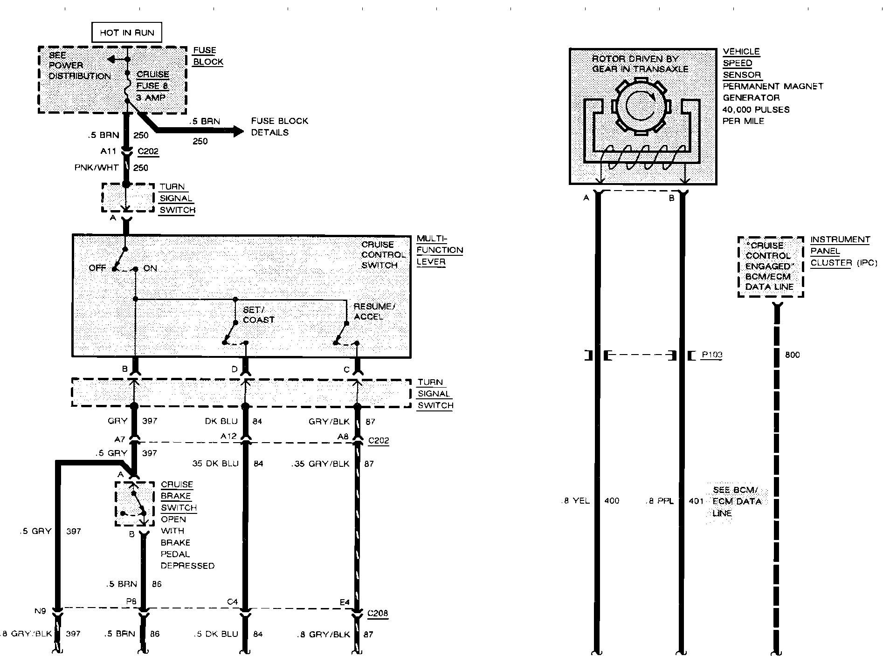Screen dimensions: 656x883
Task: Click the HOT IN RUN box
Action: (x=127, y=33)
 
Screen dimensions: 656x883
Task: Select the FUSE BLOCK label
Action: (x=208, y=56)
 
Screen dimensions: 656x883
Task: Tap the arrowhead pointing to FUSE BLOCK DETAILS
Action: (x=238, y=131)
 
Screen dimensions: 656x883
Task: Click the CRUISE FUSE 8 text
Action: (x=152, y=80)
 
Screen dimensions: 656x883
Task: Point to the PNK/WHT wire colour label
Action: (x=97, y=168)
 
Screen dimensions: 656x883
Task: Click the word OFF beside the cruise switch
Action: (x=97, y=268)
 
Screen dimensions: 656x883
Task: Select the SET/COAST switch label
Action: (x=259, y=315)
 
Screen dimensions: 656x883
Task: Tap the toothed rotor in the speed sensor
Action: (x=641, y=107)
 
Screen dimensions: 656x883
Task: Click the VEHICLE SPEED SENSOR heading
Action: (x=741, y=63)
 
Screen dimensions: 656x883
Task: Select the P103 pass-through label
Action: (x=712, y=355)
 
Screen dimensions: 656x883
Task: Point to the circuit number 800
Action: (x=792, y=355)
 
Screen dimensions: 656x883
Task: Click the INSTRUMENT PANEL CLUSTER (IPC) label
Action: (x=843, y=251)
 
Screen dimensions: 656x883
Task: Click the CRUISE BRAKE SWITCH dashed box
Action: (x=135, y=504)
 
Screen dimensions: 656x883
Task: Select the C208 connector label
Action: (x=377, y=613)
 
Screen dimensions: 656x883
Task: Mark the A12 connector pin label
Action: (x=228, y=437)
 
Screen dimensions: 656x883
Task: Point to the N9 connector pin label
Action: (x=40, y=611)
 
